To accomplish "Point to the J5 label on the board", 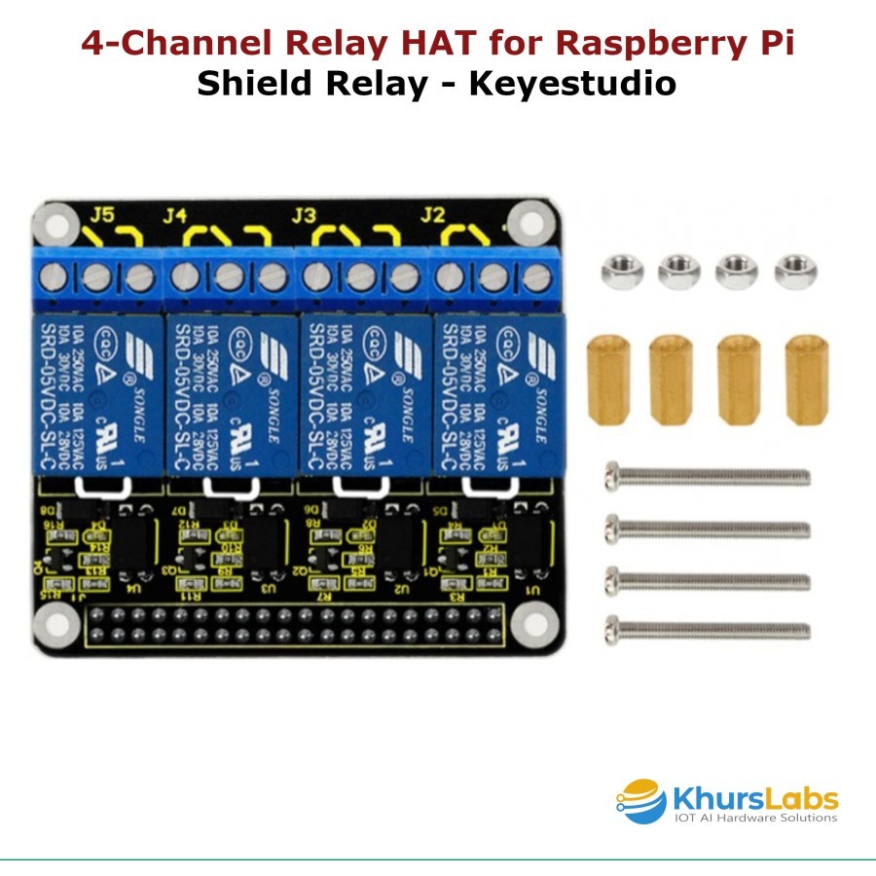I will coord(102,214).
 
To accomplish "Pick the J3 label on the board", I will coord(305,214).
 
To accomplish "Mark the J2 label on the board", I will coord(433,214).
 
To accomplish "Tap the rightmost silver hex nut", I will coord(794,270).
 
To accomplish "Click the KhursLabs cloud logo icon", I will coord(642,800).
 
